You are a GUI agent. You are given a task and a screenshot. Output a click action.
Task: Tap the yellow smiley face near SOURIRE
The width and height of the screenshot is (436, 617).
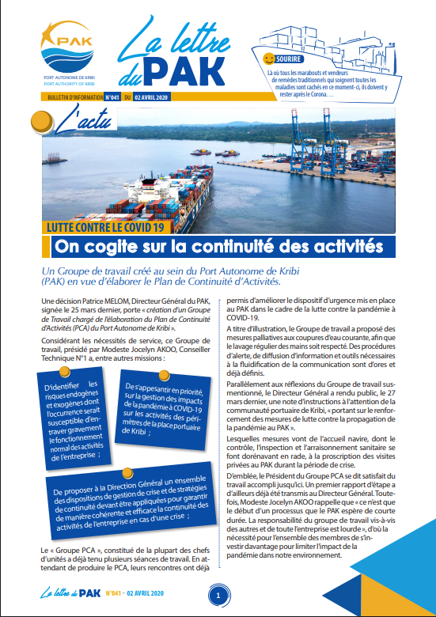click(x=269, y=59)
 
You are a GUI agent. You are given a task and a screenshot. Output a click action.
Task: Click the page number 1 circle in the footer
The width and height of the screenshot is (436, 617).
click(x=218, y=594)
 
